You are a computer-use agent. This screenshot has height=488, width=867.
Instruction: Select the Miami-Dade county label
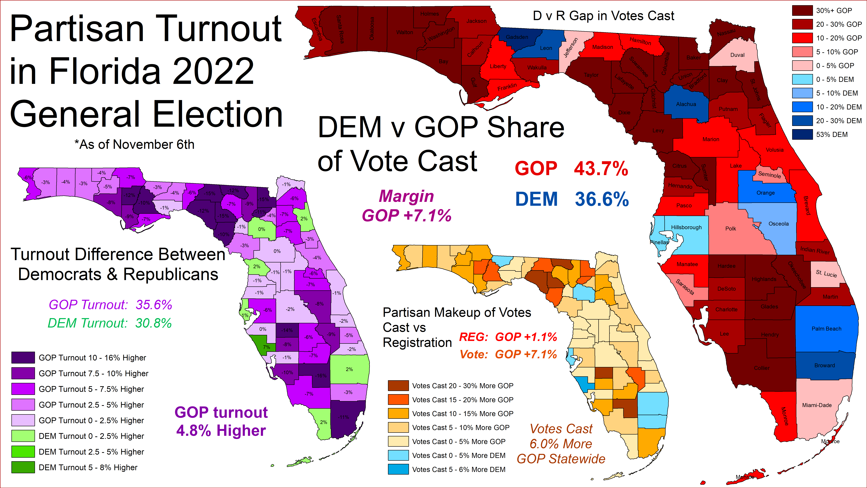coord(817,405)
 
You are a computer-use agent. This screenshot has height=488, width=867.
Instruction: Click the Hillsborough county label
coord(686,227)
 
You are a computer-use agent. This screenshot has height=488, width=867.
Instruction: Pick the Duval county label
coord(737,55)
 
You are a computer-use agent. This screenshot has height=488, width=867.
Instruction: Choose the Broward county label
coord(825,365)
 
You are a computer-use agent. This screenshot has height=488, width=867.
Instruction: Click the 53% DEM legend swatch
coord(802,134)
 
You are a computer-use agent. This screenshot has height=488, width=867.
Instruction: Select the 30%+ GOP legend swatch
coord(802,10)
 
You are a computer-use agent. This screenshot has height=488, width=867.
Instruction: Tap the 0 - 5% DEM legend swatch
coord(802,80)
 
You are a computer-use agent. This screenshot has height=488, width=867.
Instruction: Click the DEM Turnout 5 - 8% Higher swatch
coord(23,467)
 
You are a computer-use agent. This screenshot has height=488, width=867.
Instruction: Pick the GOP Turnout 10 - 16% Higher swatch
coord(23,358)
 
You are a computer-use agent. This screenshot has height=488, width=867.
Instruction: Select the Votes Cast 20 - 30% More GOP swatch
coord(398,386)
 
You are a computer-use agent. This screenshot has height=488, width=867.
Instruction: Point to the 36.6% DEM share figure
coord(601,199)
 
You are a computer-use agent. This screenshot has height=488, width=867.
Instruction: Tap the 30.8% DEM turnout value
coord(153,323)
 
